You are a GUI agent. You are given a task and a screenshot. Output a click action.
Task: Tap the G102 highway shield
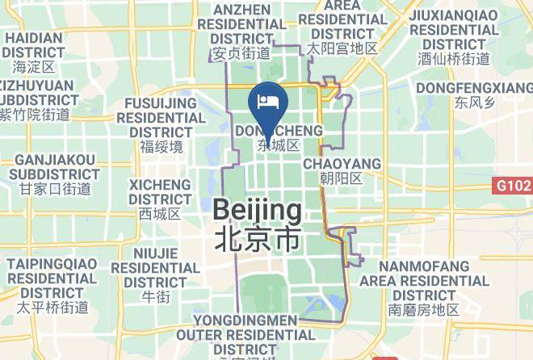(514, 186)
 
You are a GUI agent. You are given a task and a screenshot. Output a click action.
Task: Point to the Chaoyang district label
(342, 164)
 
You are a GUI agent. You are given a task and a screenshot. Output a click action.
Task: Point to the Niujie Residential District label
(155, 267)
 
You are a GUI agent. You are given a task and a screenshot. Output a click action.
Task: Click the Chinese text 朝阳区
(342, 178)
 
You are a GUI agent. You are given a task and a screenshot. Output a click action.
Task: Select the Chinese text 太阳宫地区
(342, 48)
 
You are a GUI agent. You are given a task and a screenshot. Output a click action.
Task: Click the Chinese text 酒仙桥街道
(454, 59)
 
